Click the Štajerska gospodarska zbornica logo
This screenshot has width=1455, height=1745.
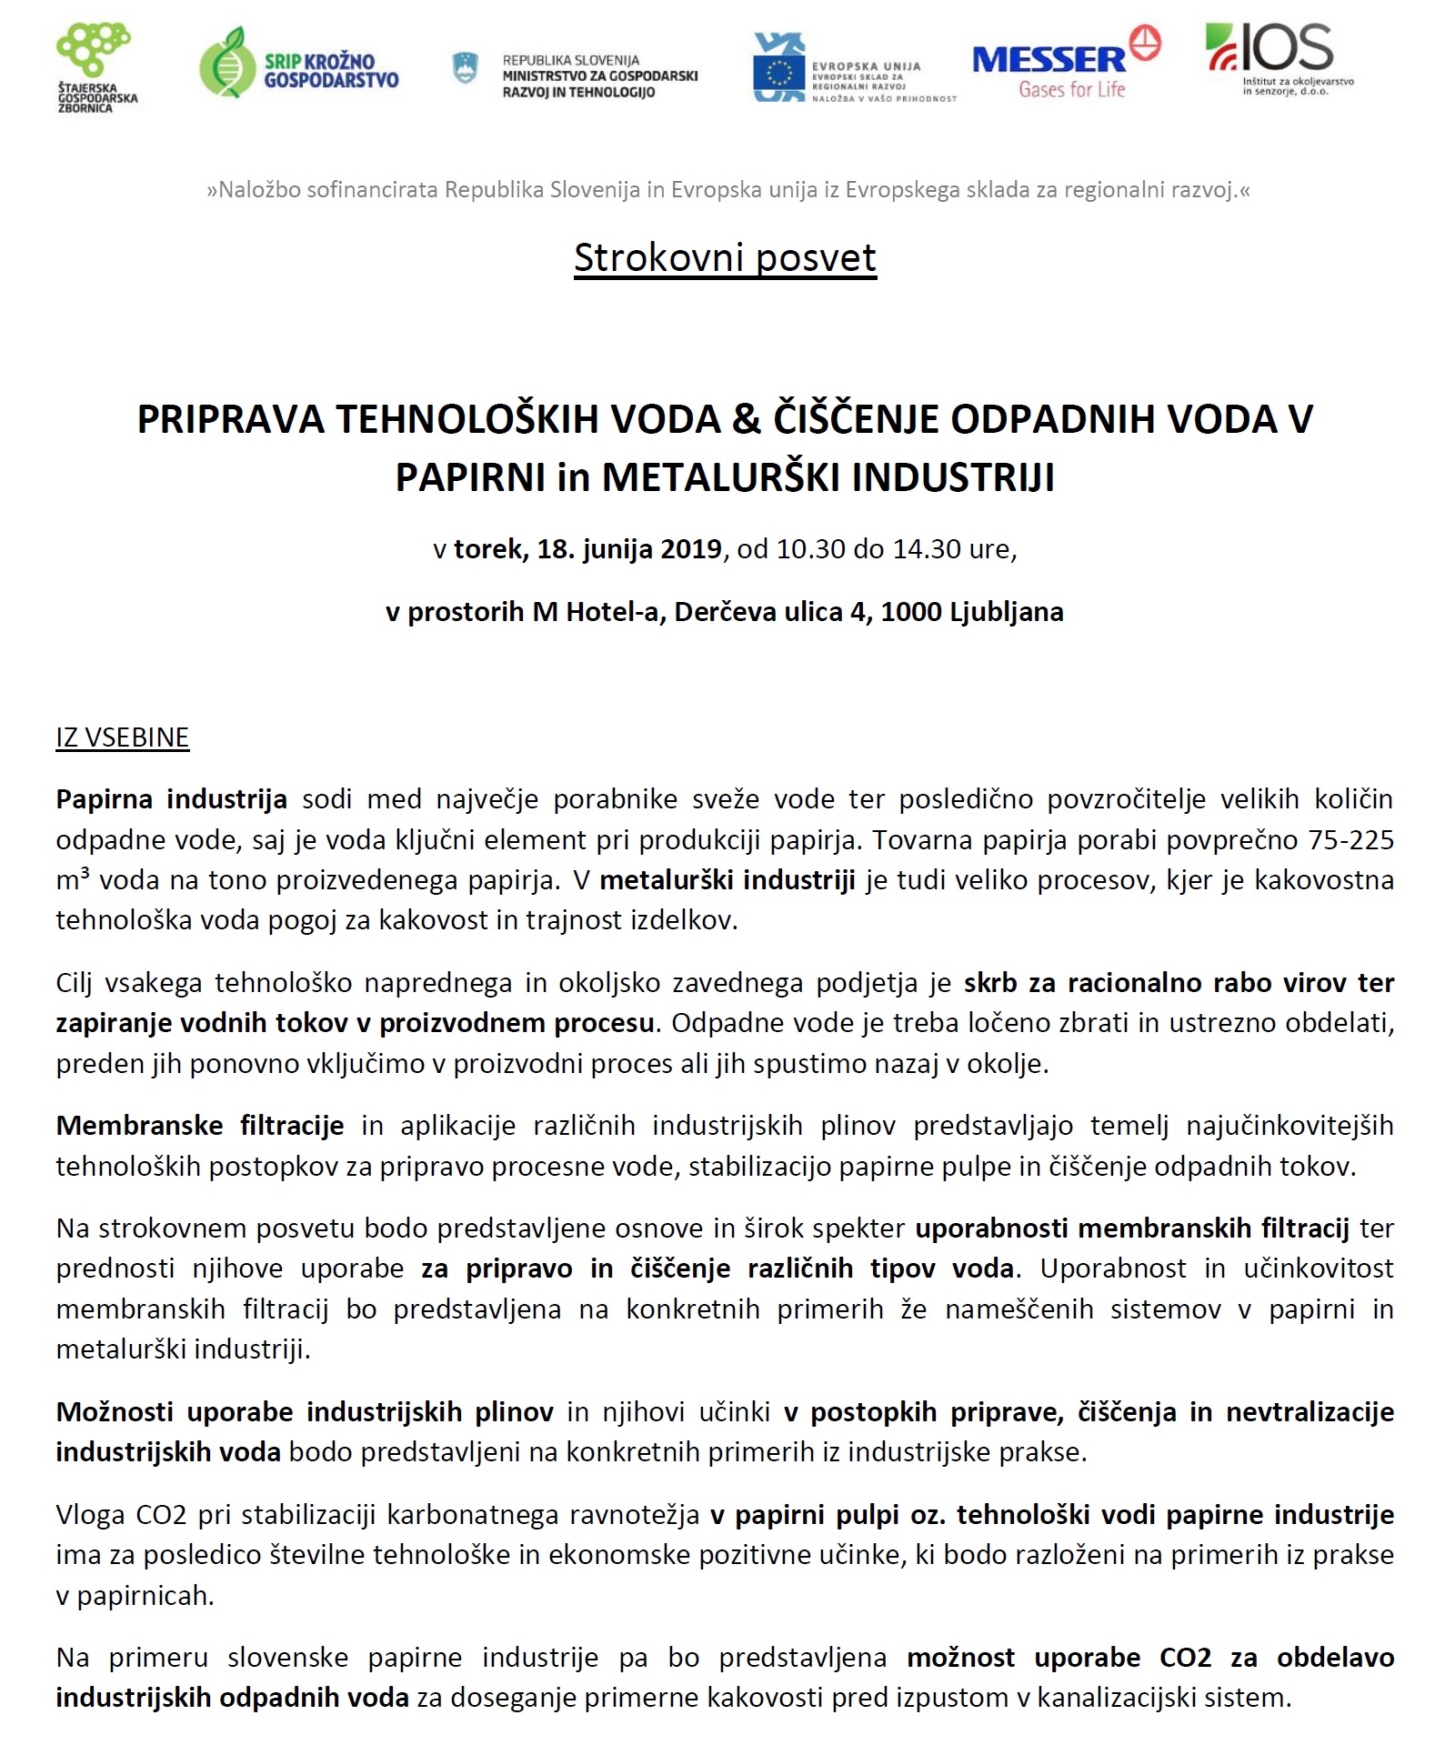96,68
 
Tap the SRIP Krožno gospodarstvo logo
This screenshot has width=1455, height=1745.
298,64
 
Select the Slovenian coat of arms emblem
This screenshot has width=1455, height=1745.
465,67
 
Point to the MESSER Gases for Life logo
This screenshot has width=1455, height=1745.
1064,64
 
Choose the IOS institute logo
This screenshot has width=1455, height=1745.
1278,56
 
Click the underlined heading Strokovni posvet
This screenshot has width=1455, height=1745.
725,258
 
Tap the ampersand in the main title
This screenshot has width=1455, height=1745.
746,419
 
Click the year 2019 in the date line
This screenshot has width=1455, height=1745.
690,549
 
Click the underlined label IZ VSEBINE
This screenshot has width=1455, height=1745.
122,737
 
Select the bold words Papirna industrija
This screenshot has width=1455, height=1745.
171,799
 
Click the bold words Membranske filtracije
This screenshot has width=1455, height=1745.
199,1126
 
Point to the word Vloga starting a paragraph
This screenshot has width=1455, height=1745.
89,1515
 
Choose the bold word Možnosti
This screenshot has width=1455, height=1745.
114,1412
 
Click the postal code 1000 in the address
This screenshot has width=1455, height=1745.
910,612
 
